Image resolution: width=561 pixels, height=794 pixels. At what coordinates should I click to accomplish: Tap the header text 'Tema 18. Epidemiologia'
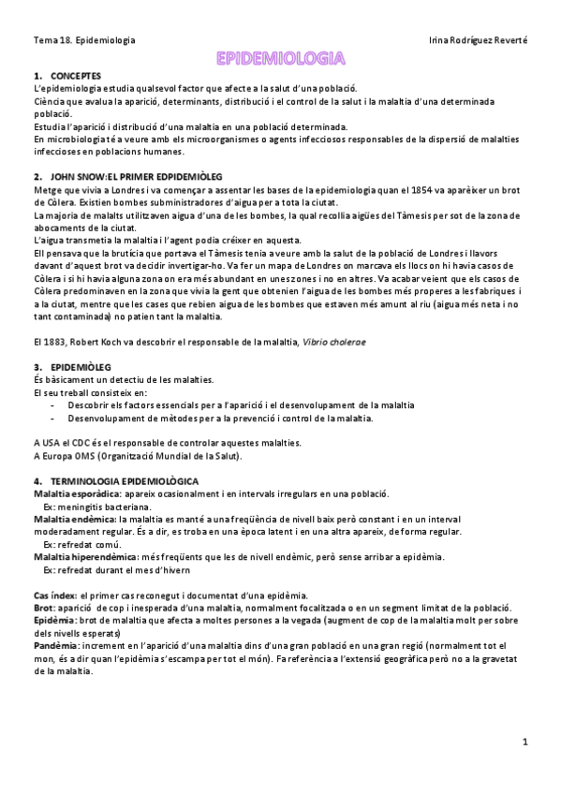(x=83, y=41)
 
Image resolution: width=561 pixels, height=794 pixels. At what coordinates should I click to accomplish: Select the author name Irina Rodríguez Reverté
(x=477, y=41)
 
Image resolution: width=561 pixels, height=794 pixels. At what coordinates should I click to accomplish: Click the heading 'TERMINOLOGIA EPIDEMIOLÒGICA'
(x=130, y=480)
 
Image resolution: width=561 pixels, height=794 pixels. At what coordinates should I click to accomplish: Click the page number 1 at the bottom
(x=525, y=743)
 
